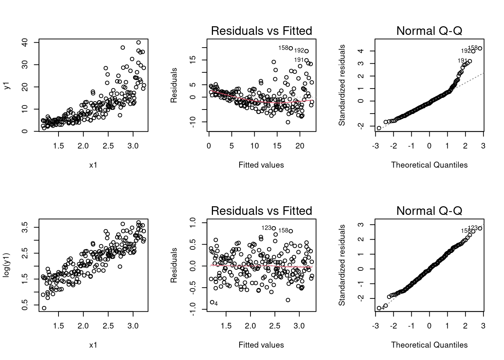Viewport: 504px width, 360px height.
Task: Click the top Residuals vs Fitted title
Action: click(x=261, y=31)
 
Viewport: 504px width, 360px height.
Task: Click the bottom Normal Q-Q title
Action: click(x=429, y=211)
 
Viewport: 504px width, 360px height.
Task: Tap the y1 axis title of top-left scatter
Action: click(x=7, y=86)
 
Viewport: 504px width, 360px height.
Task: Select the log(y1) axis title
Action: click(x=7, y=266)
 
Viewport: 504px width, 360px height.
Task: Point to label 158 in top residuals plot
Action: click(x=283, y=48)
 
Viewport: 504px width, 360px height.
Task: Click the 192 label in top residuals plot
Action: click(x=299, y=51)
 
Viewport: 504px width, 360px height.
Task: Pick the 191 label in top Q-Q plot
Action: click(x=462, y=60)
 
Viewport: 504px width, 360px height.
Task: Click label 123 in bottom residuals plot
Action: click(x=266, y=228)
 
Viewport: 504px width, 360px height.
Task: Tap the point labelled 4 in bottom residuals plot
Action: click(x=212, y=302)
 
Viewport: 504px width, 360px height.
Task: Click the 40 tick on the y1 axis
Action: click(x=25, y=42)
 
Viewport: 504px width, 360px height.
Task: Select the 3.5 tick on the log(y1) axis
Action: click(x=25, y=227)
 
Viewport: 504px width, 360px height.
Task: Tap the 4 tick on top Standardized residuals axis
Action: click(x=361, y=51)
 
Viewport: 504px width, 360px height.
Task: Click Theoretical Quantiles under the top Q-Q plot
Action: click(x=429, y=165)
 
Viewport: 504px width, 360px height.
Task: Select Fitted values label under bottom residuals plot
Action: click(x=261, y=345)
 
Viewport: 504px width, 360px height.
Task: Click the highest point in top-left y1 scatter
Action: click(x=138, y=42)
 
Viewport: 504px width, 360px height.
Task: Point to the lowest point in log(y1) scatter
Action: click(x=44, y=308)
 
